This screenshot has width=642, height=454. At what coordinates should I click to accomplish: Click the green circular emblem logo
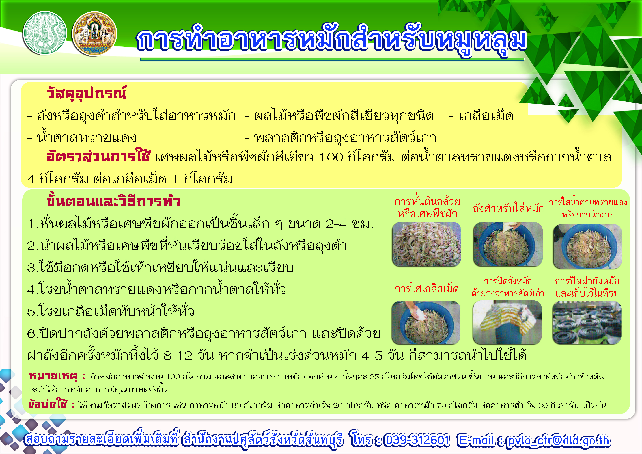click(45, 33)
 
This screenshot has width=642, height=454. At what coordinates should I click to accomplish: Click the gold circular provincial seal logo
click(94, 34)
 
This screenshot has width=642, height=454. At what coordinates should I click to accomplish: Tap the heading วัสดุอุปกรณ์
click(87, 93)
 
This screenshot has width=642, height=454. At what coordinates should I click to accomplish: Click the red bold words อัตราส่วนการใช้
click(99, 156)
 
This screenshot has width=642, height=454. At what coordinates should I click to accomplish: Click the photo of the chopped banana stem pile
click(426, 244)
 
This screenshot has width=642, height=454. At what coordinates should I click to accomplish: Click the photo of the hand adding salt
click(426, 323)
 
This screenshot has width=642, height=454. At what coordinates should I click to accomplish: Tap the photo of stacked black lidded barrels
click(587, 323)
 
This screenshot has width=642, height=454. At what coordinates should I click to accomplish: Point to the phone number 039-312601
click(417, 440)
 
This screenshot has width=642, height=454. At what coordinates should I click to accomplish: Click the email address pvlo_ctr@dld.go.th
click(558, 441)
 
